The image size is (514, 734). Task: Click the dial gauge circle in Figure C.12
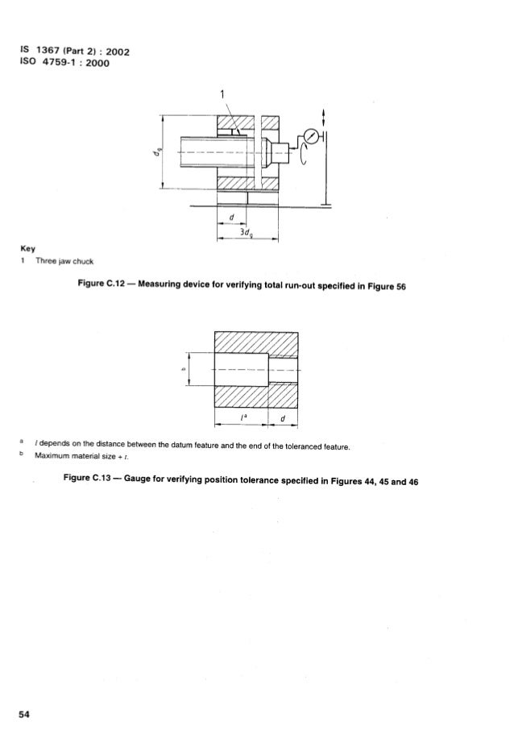pos(311,136)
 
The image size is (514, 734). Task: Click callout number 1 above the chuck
pos(222,94)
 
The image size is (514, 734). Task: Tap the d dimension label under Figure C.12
pos(232,218)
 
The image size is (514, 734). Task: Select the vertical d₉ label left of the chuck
pos(159,151)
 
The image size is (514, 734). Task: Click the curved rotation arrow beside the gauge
pos(304,155)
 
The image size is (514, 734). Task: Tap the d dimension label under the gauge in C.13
pos(283,418)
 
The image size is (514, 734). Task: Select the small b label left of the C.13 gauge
pos(184,370)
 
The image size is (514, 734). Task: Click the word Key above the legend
pos(27,249)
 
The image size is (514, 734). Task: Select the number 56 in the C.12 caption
pos(400,287)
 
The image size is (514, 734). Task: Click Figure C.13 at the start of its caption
pos(86,478)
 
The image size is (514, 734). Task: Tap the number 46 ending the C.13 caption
pos(412,482)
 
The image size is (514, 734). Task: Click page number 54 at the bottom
pos(24,714)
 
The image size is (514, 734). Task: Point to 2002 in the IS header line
pos(118,52)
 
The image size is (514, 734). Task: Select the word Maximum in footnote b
pos(50,456)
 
